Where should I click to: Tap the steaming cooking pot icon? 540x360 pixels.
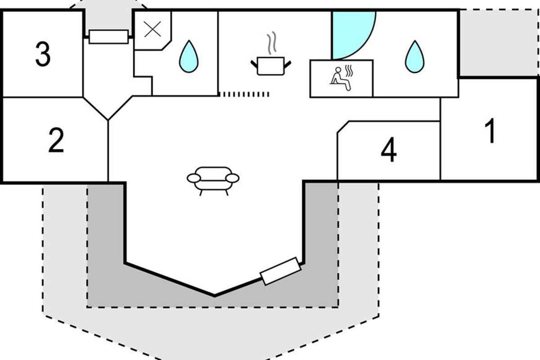coord(270,66)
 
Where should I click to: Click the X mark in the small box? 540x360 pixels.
coord(152,29)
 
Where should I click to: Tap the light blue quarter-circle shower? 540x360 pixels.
coord(351,34)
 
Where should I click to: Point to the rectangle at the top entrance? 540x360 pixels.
coord(108,36)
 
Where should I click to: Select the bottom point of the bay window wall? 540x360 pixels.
coord(214,295)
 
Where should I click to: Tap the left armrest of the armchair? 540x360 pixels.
coord(194,179)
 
